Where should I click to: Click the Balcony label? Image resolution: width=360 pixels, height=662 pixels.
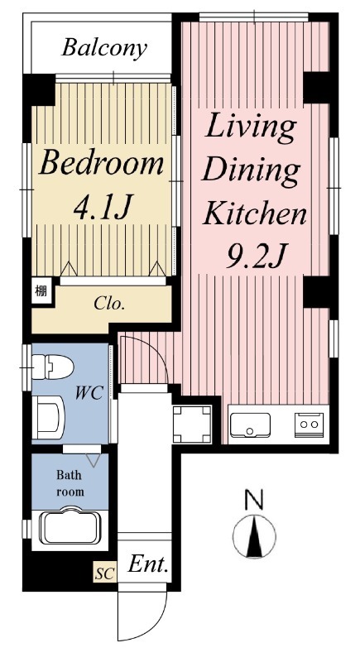point(104,49)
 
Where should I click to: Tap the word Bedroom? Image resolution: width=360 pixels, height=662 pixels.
point(101,164)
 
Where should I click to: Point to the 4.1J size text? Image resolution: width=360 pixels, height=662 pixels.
point(103,208)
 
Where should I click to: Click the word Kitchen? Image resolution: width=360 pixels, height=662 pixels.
point(255,213)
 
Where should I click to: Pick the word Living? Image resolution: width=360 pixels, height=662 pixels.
point(250,128)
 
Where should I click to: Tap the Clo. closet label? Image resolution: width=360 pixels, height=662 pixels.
point(109,303)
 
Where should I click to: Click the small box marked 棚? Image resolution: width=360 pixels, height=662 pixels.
point(41,290)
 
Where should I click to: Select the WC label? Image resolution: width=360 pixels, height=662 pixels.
point(89,394)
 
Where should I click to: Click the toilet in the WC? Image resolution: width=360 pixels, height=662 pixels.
point(53,367)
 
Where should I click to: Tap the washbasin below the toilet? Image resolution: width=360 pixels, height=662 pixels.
point(48,418)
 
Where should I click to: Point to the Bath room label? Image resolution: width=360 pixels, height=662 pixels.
point(70,483)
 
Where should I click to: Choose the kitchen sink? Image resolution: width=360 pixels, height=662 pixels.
point(250,425)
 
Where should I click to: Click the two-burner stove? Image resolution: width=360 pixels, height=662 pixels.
point(310,425)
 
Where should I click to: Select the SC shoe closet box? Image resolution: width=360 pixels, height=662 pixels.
point(104,573)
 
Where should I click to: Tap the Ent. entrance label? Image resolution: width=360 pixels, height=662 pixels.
point(149,564)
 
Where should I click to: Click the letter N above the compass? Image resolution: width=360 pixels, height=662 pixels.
point(254,500)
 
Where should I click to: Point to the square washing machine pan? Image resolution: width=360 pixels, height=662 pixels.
point(192,425)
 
